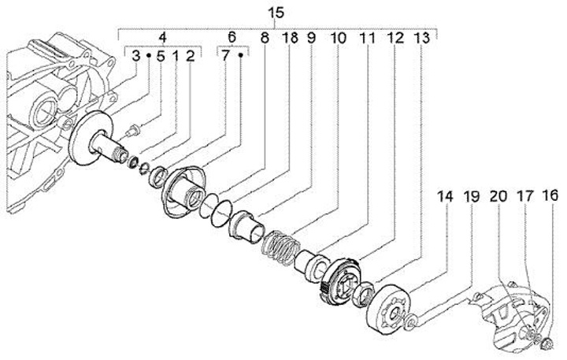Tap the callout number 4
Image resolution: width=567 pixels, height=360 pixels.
162,37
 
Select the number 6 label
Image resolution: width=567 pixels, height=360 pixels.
232,37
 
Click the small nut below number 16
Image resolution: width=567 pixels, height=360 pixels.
545,343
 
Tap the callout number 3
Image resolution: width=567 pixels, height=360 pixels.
136,57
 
